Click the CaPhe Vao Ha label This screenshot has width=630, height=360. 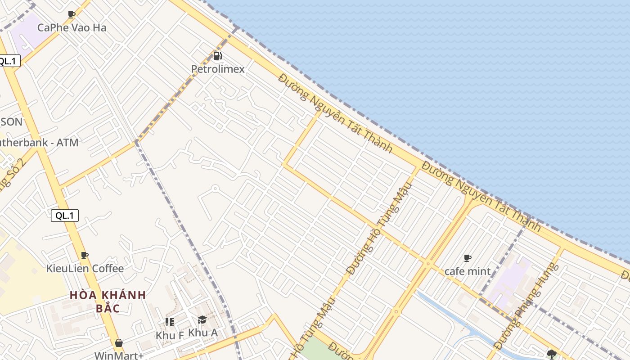pyautogui.click(x=72, y=27)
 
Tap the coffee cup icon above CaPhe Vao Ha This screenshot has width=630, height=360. pyautogui.click(x=72, y=14)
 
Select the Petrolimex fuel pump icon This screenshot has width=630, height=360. pyautogui.click(x=218, y=56)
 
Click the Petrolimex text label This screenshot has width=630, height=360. pyautogui.click(x=218, y=69)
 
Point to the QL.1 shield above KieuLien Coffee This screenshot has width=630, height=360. pyautogui.click(x=65, y=216)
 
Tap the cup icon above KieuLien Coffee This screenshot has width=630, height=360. pyautogui.click(x=85, y=256)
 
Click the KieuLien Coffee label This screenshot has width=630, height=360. pyautogui.click(x=85, y=269)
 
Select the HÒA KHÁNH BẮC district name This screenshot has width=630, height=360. pyautogui.click(x=108, y=301)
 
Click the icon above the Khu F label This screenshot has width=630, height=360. pyautogui.click(x=169, y=322)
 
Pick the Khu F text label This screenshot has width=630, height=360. pyautogui.click(x=170, y=335)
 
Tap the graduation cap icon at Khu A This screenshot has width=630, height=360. pyautogui.click(x=202, y=320)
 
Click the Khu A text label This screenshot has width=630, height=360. pyautogui.click(x=202, y=333)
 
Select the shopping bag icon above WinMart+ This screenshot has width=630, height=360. pyautogui.click(x=118, y=343)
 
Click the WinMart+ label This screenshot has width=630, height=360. pyautogui.click(x=119, y=355)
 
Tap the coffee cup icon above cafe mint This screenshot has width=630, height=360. pyautogui.click(x=468, y=258)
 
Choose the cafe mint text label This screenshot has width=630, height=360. pyautogui.click(x=468, y=271)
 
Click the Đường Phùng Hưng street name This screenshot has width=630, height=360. pyautogui.click(x=526, y=306)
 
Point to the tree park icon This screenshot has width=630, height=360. pyautogui.click(x=552, y=354)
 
